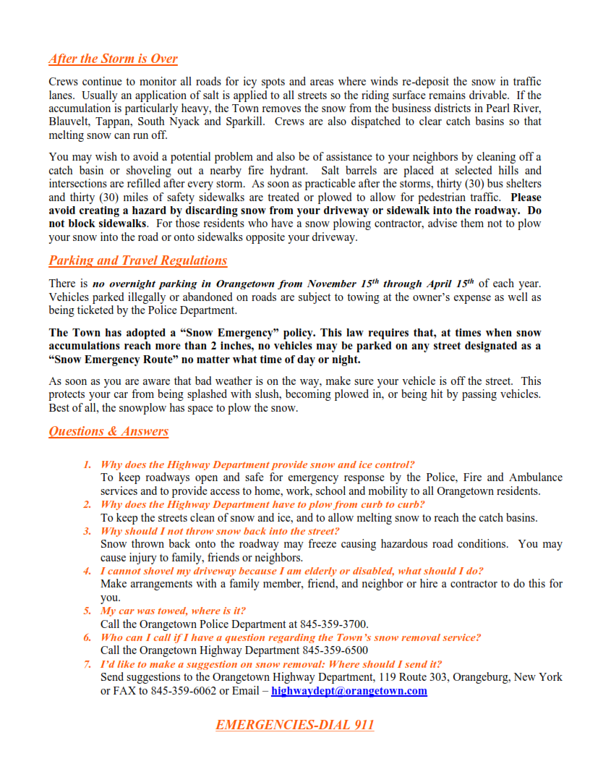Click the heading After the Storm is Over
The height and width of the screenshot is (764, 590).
click(x=113, y=59)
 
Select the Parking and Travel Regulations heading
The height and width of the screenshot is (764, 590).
click(x=137, y=260)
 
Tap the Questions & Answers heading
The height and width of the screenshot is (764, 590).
click(x=108, y=432)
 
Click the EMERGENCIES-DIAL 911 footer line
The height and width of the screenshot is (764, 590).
click(x=294, y=725)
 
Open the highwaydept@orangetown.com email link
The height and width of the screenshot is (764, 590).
click(x=349, y=691)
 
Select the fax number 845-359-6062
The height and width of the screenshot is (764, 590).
click(x=184, y=691)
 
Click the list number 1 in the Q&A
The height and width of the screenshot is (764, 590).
click(x=87, y=464)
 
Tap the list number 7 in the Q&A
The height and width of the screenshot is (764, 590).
click(x=87, y=664)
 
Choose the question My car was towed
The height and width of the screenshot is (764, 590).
click(x=173, y=611)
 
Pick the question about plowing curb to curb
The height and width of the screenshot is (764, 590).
click(x=262, y=504)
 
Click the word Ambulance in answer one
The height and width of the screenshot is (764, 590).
click(x=535, y=477)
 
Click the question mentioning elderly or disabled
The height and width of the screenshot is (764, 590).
click(x=292, y=571)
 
